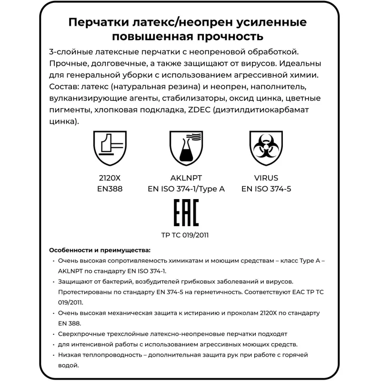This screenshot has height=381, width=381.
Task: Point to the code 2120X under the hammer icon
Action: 110,179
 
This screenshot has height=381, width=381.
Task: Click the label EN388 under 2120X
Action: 110,189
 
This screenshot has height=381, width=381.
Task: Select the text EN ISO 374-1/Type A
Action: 186,189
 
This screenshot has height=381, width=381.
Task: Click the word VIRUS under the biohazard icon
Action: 266,179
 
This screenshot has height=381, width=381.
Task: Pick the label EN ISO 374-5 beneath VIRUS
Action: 266,189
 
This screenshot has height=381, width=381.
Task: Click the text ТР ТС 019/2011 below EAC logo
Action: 185,235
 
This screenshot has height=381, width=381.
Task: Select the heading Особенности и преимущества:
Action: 100,250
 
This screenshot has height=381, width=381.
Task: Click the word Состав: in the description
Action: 66,88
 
